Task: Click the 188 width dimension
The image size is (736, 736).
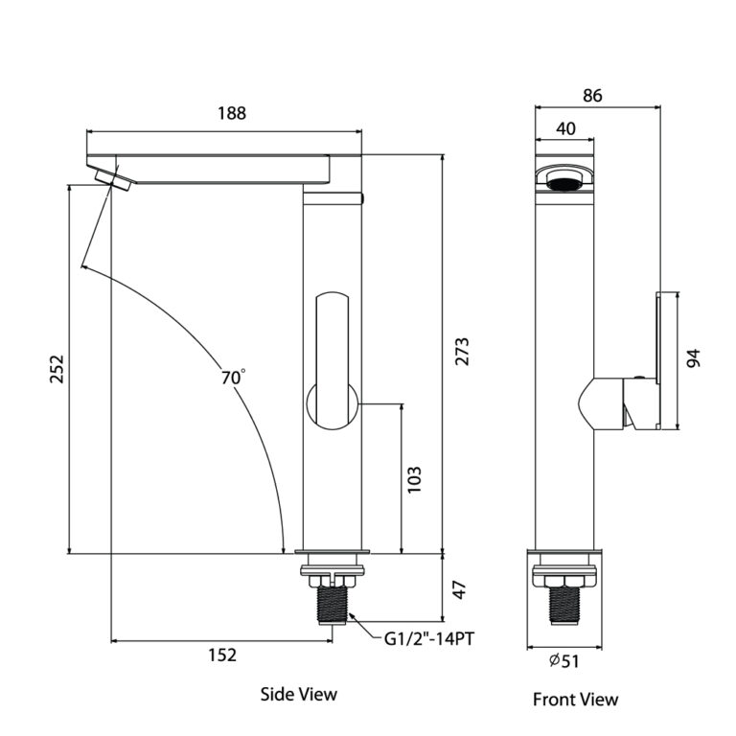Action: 232,113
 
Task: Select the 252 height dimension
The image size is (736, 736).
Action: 57,369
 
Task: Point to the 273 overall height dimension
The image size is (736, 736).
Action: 462,351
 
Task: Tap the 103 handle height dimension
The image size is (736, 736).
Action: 414,479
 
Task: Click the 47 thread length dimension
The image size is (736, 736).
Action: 460,589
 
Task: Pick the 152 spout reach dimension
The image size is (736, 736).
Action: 222,655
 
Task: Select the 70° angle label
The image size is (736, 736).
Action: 233,377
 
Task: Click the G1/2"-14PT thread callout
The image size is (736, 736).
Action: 429,639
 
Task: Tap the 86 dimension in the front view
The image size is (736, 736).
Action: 592,95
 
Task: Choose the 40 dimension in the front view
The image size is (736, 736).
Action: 565,128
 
